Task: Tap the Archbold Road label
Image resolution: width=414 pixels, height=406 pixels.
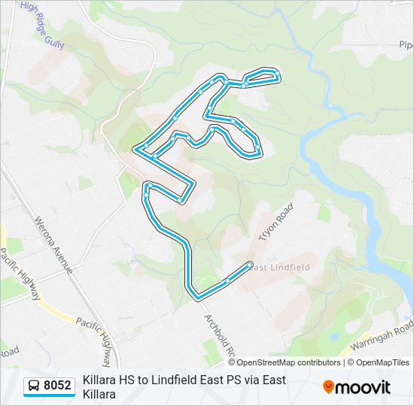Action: pos(221,335)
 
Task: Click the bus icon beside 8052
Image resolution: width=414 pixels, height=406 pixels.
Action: pos(34,386)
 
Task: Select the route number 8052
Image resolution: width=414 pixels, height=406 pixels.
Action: pos(57,386)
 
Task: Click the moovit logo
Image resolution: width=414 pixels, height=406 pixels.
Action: pos(357,386)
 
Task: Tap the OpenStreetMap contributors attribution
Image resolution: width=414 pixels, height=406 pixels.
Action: pos(288,362)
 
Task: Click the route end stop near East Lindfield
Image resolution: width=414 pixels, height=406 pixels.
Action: pos(250,264)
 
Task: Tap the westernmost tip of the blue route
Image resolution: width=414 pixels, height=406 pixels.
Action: pos(135,150)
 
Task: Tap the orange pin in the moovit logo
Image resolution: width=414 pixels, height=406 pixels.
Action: pos(329,386)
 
